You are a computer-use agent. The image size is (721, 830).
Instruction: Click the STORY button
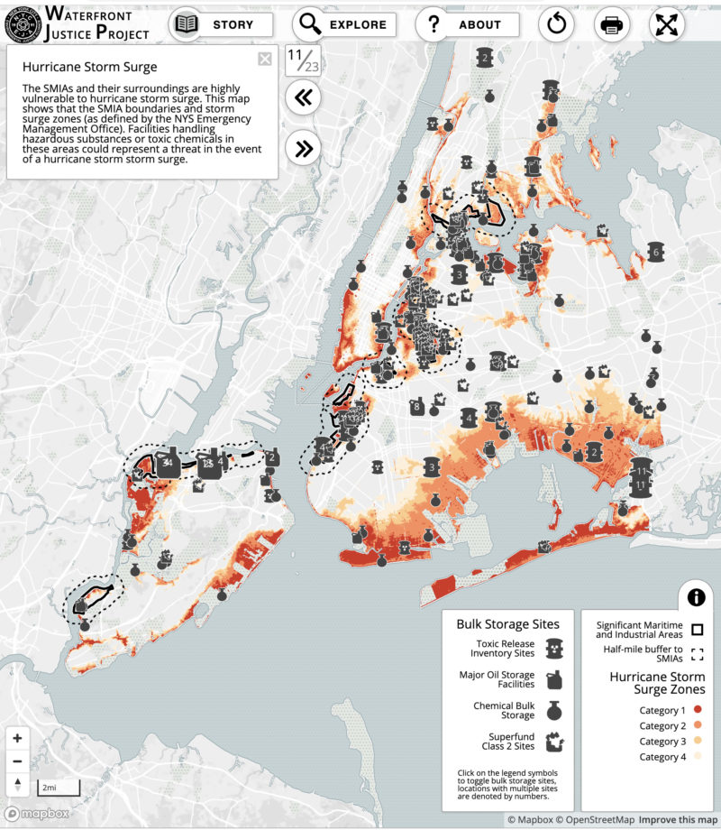click(x=221, y=24)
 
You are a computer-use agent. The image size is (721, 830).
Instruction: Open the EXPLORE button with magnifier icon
click(x=343, y=24)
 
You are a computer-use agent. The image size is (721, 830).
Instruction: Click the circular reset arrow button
click(x=556, y=24)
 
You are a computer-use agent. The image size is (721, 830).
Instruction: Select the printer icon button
click(x=612, y=24)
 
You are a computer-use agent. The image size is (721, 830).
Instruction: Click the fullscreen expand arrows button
click(x=667, y=24)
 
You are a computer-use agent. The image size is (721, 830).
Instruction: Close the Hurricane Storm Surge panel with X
click(x=264, y=60)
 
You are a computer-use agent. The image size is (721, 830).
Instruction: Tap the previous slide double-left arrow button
click(x=304, y=98)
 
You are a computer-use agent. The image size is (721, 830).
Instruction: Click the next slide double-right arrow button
click(x=304, y=148)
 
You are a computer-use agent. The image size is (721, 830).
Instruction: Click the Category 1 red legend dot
click(x=697, y=711)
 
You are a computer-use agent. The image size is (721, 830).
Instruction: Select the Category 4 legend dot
click(x=697, y=757)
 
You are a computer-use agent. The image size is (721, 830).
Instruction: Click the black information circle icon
click(x=696, y=596)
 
